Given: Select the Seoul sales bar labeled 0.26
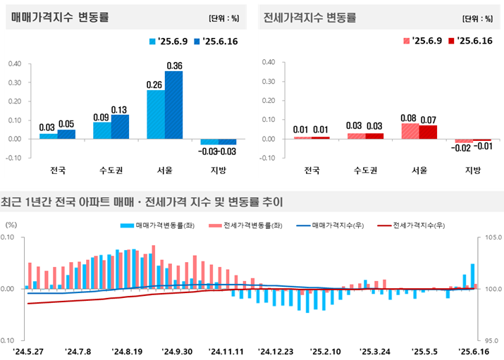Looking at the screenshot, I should [156, 114].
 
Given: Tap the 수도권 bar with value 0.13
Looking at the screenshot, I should [120, 126].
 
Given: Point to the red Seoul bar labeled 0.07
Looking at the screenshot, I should [428, 132].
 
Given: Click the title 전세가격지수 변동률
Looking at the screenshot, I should [309, 18].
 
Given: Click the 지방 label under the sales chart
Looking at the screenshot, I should [218, 170].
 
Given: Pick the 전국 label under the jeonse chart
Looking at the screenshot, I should [312, 170].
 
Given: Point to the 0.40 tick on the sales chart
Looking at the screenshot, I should [14, 63].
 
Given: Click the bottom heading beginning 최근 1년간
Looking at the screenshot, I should [141, 202].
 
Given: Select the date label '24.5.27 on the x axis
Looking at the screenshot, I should [27, 351].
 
